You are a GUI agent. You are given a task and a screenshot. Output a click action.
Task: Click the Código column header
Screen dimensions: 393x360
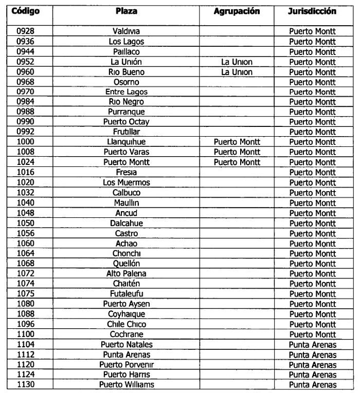(x=25, y=11)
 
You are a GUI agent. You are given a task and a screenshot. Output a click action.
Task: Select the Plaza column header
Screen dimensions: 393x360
(x=126, y=11)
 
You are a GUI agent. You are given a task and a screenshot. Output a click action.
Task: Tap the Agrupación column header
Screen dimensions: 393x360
(x=237, y=11)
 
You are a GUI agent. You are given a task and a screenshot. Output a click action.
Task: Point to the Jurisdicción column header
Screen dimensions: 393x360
(x=312, y=11)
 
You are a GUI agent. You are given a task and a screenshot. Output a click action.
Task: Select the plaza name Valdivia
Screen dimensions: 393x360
(x=126, y=31)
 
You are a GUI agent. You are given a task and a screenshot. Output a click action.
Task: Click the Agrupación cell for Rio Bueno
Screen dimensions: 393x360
(x=237, y=72)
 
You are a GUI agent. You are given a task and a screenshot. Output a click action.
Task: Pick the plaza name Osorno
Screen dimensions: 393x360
(x=126, y=82)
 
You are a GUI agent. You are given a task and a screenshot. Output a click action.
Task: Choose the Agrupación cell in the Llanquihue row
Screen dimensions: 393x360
(x=237, y=142)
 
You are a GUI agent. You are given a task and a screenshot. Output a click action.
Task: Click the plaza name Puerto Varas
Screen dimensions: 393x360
(x=126, y=152)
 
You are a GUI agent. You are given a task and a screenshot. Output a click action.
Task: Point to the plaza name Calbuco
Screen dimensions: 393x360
(x=126, y=193)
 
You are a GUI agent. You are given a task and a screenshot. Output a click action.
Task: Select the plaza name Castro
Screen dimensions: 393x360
(x=126, y=233)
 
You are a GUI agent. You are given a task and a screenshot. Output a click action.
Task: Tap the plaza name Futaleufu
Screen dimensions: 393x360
(x=126, y=294)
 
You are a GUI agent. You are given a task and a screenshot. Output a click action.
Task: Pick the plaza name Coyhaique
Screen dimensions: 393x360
(x=126, y=314)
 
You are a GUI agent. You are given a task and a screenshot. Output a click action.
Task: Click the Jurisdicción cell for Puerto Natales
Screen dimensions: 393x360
(x=312, y=344)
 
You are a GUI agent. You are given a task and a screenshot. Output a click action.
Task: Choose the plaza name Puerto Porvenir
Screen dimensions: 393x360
(x=126, y=364)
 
